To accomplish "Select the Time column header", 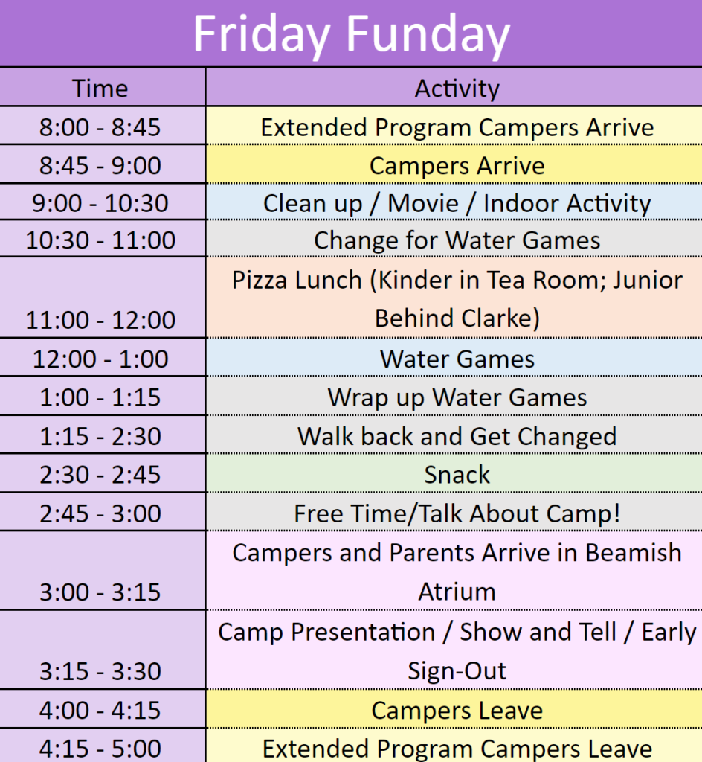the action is tap(100, 89).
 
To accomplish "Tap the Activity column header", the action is tap(457, 89).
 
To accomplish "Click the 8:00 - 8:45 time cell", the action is tap(100, 127).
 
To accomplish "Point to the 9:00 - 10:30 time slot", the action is tap(100, 203).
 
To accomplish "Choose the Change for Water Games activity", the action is tap(457, 240).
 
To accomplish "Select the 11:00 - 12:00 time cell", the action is tap(100, 320).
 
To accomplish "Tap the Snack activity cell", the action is tap(457, 475).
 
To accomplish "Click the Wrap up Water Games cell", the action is tap(457, 397).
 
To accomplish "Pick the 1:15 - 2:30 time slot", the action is tap(100, 436).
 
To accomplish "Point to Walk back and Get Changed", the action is tap(457, 436).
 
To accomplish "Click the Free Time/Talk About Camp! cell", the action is tap(457, 513).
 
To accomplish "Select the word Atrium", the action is tap(457, 592).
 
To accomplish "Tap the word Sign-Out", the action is tap(457, 671).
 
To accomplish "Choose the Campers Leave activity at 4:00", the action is tap(457, 711).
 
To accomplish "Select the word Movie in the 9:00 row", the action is tap(423, 203).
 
